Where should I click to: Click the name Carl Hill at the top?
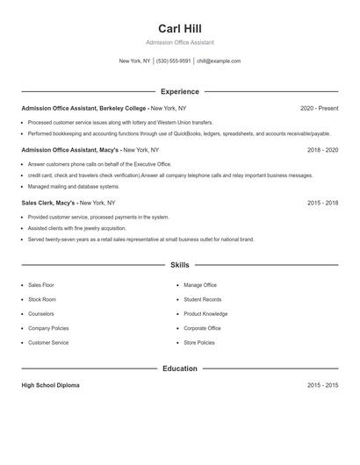point(179,28)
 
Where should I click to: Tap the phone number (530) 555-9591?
point(174,61)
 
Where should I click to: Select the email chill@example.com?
point(219,61)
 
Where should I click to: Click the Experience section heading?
point(179,91)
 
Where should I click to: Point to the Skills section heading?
point(179,264)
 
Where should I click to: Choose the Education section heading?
point(179,368)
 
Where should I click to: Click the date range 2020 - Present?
point(319,108)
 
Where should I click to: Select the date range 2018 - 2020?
point(322,150)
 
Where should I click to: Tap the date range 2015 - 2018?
point(322,203)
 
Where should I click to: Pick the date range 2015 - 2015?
point(322,385)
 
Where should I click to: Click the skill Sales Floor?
point(41,285)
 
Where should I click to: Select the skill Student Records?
point(203,299)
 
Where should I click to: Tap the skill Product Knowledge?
point(205,313)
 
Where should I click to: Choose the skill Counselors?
point(41,313)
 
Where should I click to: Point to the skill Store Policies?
point(200,342)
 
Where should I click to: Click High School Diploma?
point(50,385)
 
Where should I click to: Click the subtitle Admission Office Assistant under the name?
point(179,42)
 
